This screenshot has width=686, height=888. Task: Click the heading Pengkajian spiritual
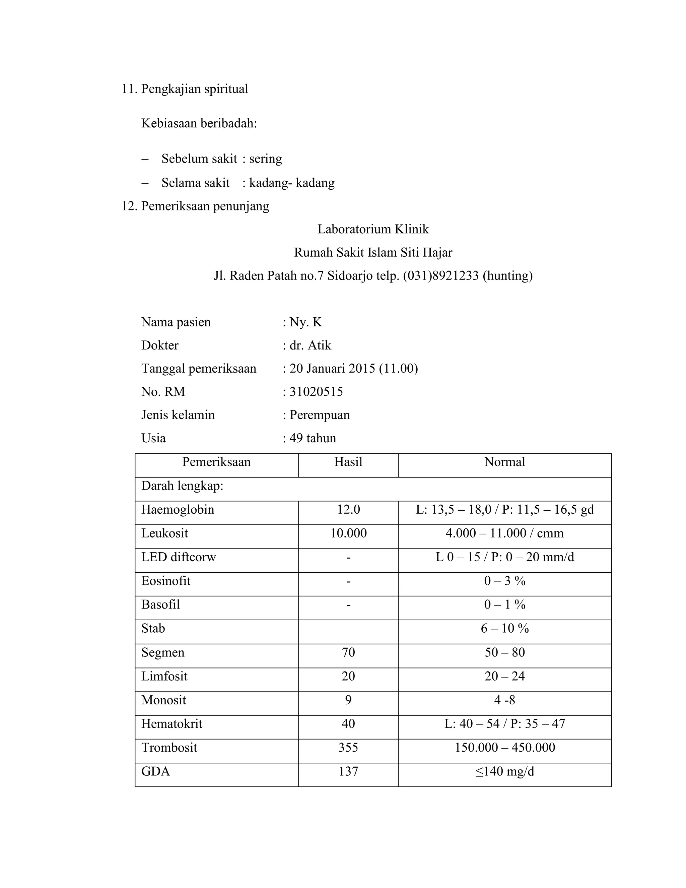[x=194, y=89]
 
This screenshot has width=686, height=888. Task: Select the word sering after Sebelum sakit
[x=265, y=158]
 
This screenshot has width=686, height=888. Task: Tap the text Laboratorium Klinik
[x=373, y=229]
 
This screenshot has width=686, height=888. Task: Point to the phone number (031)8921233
[x=440, y=276]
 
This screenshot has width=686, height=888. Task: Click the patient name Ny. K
[x=305, y=322]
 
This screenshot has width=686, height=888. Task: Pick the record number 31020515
[x=316, y=391]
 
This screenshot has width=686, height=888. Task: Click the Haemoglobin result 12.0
[x=348, y=509]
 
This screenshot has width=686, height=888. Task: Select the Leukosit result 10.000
[x=348, y=533]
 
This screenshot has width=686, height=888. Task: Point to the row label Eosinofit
[x=166, y=581]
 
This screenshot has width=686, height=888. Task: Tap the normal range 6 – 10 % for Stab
[x=504, y=629]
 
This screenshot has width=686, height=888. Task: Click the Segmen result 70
[x=348, y=652]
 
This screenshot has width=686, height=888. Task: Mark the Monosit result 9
[x=348, y=700]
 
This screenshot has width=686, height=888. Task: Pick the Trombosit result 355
[x=348, y=747]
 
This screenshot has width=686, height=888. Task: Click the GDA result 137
[x=348, y=771]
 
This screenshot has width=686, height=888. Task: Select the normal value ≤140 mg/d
[x=504, y=771]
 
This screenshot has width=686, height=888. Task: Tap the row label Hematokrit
[x=171, y=724]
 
